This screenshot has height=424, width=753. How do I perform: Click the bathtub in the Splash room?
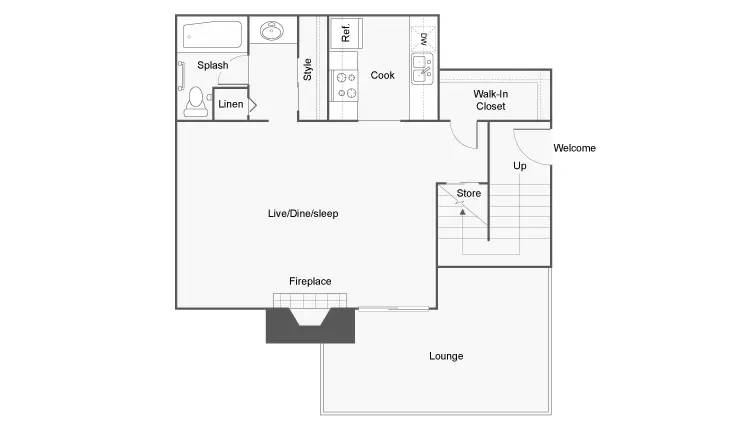coord(212,35)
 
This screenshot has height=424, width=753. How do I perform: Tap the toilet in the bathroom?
coord(195,102)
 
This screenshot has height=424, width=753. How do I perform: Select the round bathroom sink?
coord(271,31)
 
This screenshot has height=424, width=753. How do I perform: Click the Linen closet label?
coord(231,104)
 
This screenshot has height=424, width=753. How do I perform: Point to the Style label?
coord(307,70)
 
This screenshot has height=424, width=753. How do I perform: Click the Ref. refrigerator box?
coord(346,33)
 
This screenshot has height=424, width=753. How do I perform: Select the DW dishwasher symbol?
coord(424,38)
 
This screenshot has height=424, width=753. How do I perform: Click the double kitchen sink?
coord(423,69)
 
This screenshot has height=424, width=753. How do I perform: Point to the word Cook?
coord(382,75)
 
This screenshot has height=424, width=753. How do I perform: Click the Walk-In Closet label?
coord(490,100)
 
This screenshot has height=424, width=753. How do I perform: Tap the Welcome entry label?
coord(574,148)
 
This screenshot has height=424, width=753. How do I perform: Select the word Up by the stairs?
coord(520,166)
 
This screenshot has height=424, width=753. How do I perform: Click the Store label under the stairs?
coord(469,193)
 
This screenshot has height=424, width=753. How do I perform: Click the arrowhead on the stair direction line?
coord(462,211)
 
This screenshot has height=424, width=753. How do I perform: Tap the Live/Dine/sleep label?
coord(303,213)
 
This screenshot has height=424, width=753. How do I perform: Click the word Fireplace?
coord(310,281)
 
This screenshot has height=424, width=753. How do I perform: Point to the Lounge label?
coord(446,356)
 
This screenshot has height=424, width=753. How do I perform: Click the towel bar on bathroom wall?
coord(181,75)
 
